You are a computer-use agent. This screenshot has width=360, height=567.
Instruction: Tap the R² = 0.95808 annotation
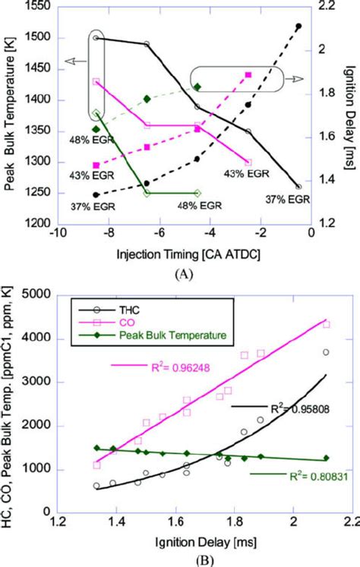tap(276, 430)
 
